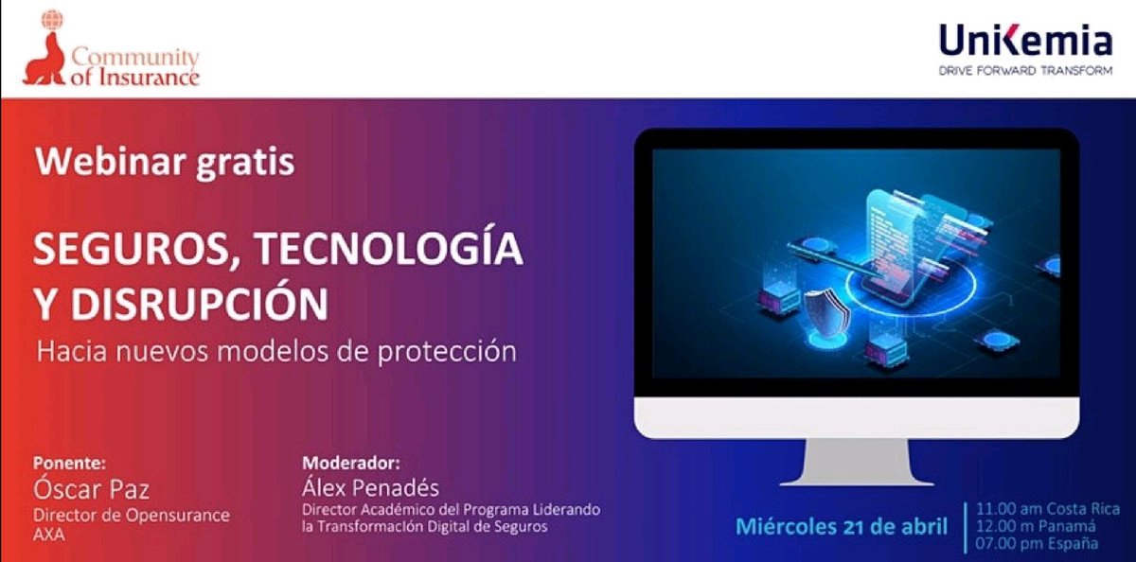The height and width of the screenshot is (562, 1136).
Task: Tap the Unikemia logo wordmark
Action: [x=1025, y=42]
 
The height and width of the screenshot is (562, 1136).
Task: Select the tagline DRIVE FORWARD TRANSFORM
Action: [x=1025, y=71]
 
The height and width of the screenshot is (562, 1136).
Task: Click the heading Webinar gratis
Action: [x=165, y=162]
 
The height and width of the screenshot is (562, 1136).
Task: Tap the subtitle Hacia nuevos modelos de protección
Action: [x=276, y=351]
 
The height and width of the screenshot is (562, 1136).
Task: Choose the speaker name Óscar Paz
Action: [x=92, y=489]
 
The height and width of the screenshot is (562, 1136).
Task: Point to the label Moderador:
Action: [x=350, y=464]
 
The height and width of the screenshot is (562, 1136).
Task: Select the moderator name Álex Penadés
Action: [x=370, y=488]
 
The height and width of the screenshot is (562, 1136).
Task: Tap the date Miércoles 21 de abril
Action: [x=842, y=526]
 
